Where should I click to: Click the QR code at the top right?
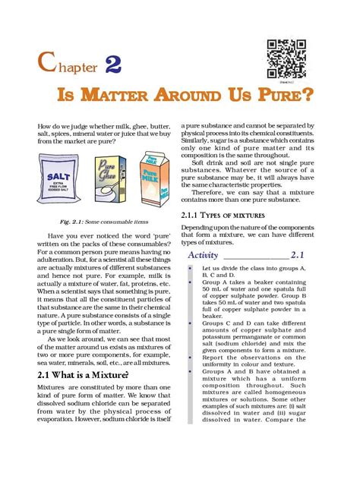(288, 58)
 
